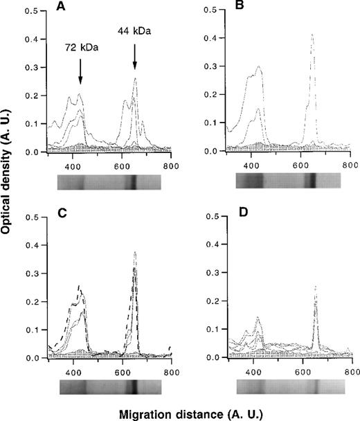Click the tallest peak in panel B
coord(312,35)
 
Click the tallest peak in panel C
coord(135,253)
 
